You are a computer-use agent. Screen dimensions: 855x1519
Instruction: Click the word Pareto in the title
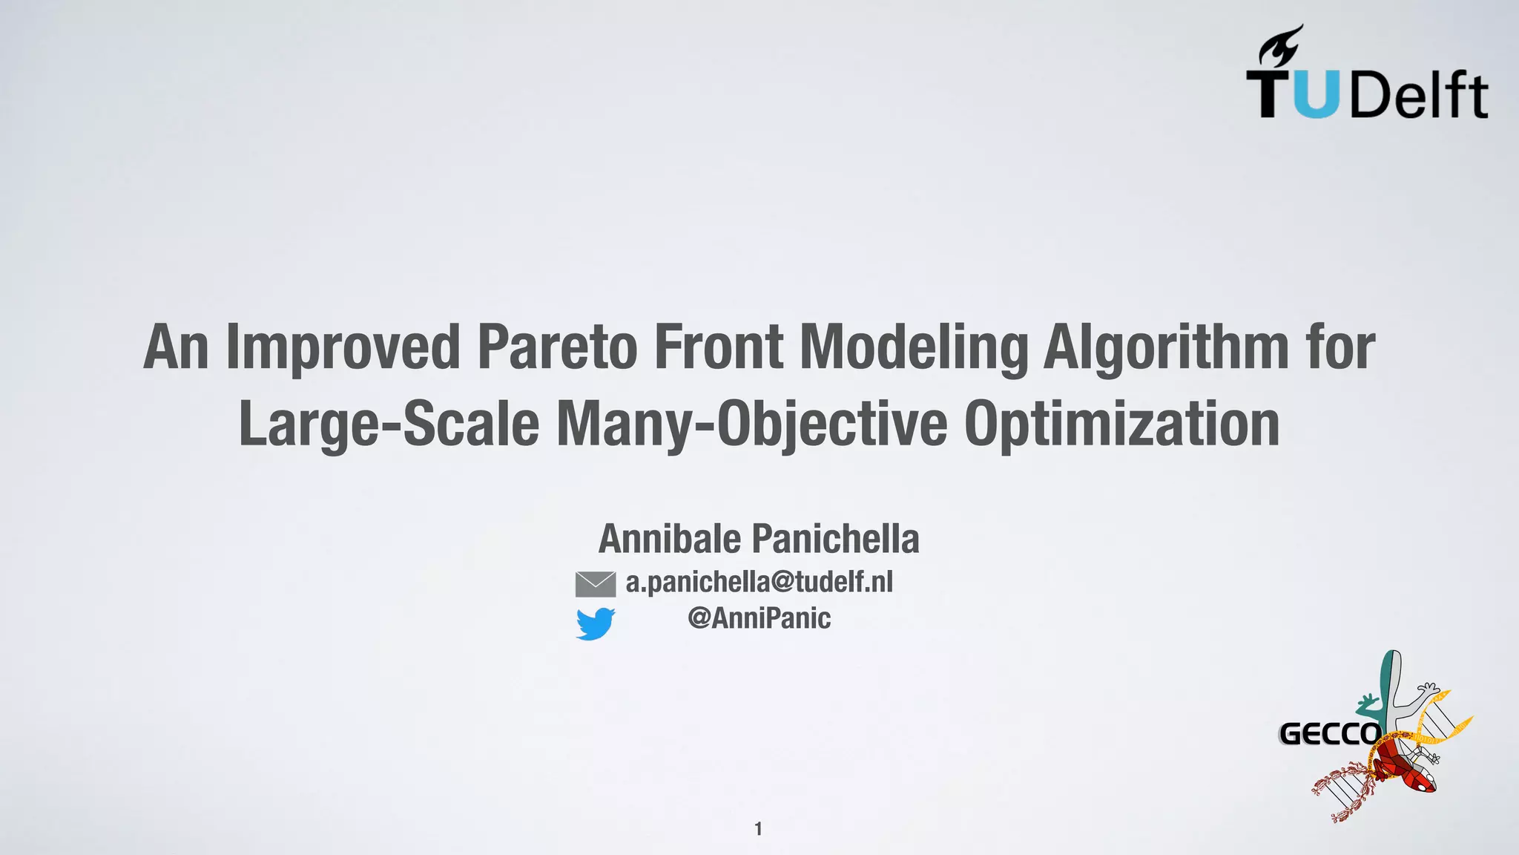[x=556, y=347]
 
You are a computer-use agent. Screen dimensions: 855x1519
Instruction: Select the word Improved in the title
[x=343, y=347]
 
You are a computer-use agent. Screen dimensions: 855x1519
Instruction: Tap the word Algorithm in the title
[x=1166, y=347]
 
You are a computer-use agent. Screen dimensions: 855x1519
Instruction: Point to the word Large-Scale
[x=388, y=424]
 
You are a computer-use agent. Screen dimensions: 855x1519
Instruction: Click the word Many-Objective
[x=751, y=424]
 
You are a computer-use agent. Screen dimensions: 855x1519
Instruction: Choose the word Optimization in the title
[x=1121, y=424]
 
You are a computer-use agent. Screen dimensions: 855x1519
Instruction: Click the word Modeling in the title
[x=914, y=347]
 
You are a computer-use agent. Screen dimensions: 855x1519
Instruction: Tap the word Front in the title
[x=717, y=347]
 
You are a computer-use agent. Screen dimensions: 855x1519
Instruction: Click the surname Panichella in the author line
[x=835, y=539]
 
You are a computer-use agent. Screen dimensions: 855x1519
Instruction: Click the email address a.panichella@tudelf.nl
[x=759, y=582]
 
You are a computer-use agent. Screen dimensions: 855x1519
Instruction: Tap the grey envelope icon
[x=595, y=584]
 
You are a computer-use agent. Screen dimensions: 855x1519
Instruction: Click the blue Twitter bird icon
[x=595, y=623]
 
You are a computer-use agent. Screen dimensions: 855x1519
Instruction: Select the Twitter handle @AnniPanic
[x=759, y=617]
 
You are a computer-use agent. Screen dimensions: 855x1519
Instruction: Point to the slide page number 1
[x=758, y=828]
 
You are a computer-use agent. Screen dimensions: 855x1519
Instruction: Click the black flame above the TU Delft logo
[x=1282, y=46]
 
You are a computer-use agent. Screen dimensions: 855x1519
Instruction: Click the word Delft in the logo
[x=1418, y=95]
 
